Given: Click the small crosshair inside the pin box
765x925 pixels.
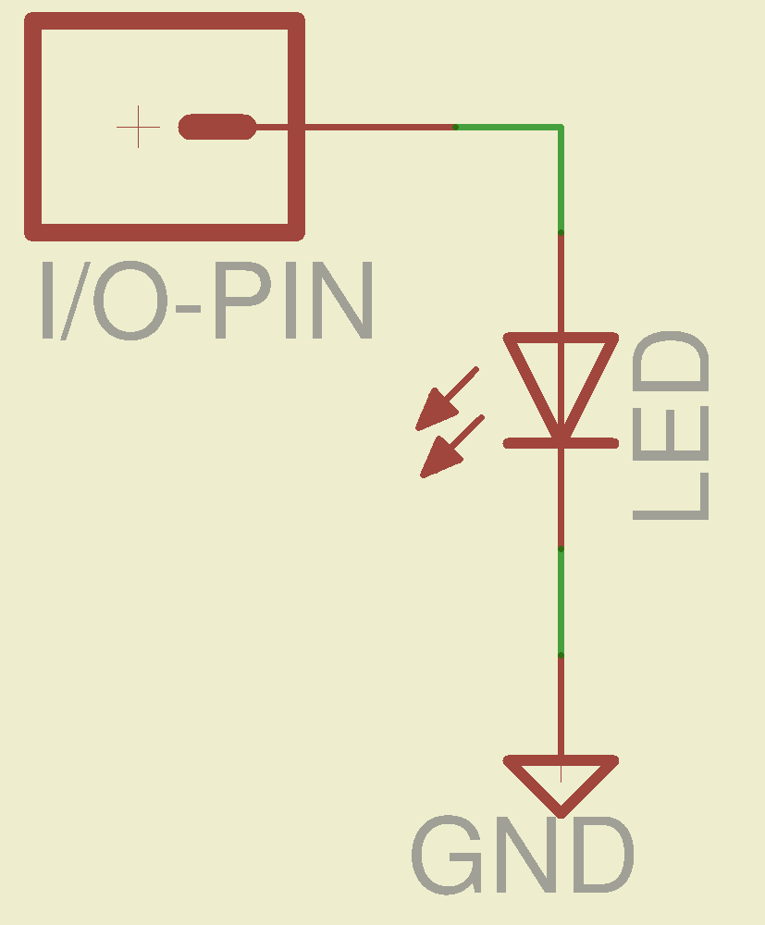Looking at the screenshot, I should pos(139,127).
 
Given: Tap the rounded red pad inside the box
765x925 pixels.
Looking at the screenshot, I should pos(217,127).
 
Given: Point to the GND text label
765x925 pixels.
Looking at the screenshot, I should pos(523,856).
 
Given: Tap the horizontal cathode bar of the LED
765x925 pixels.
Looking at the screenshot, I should pos(561,443).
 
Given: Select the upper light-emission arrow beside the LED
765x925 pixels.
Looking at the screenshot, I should pos(446,399).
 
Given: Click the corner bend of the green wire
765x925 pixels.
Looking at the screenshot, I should pos(560,128).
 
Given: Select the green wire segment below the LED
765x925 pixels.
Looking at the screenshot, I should pos(561,601).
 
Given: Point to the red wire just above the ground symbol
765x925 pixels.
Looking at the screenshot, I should pos(561,708).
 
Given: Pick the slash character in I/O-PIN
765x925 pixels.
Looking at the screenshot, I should pos(71,301).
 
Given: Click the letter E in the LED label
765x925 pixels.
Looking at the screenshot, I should pos(672,427).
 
